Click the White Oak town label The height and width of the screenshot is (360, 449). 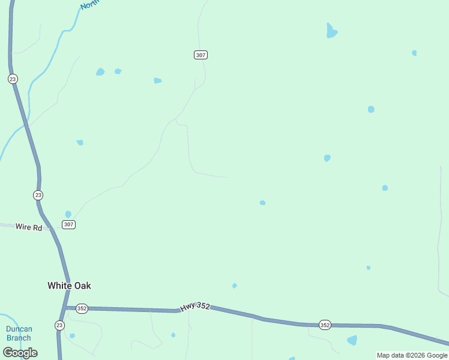[x=69, y=286]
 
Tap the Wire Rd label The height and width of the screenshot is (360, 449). [x=29, y=227]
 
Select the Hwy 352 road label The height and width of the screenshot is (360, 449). [x=196, y=306]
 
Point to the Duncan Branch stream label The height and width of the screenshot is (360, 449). [x=19, y=334]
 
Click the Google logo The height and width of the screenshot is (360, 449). [x=20, y=353]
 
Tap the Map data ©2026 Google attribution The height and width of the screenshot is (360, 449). [x=412, y=355]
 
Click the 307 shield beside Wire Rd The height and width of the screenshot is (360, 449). [x=68, y=224]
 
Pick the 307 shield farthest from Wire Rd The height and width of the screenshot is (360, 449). [x=201, y=55]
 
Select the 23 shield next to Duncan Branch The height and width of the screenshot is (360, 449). [x=59, y=325]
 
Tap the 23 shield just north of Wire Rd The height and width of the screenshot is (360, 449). [x=38, y=195]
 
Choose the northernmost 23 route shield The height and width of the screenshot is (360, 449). [x=13, y=79]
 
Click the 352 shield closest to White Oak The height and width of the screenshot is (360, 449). [x=82, y=308]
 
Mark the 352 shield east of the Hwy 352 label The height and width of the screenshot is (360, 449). [x=325, y=325]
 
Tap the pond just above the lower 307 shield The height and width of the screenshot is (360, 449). [x=68, y=214]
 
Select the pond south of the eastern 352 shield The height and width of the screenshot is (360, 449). [x=352, y=340]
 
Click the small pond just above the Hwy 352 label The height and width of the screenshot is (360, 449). [x=234, y=286]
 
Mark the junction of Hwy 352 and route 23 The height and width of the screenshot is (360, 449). [x=64, y=308]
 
